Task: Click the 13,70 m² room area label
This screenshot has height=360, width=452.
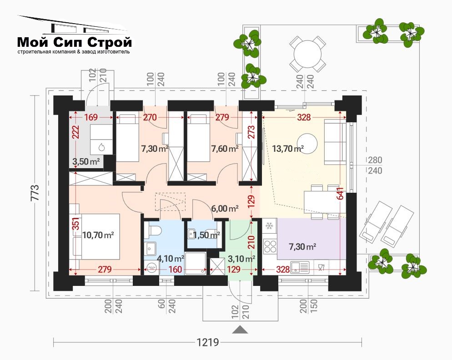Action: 288,149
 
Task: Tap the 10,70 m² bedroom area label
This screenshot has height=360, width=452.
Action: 98,235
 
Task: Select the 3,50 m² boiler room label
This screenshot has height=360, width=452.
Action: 86,161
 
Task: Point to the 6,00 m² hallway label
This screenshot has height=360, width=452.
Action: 225,208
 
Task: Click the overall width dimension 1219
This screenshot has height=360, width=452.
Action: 208,342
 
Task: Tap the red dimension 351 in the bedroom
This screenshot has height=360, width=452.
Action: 75,223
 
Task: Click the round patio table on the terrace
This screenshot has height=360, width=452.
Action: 307,54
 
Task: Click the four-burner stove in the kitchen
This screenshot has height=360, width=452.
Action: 270,246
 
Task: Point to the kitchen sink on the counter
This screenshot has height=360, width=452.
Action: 300,267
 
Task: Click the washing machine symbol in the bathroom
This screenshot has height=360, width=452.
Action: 151,267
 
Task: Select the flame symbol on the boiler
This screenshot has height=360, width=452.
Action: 101,147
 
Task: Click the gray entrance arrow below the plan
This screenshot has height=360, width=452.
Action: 240,330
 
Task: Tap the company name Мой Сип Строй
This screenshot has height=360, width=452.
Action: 75,42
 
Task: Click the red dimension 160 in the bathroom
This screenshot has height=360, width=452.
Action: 175,269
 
